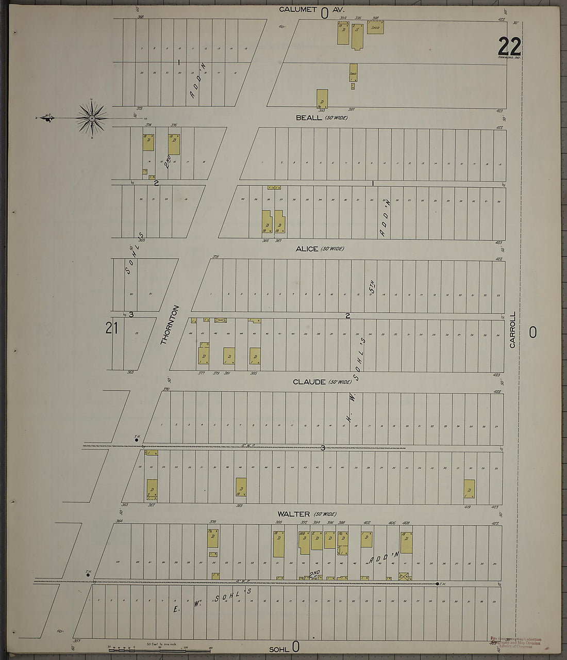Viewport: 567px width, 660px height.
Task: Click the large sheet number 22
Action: (509, 47)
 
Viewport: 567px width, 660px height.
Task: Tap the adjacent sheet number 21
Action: (112, 328)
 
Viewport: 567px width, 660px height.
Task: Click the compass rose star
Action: (92, 119)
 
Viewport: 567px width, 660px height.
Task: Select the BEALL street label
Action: (309, 118)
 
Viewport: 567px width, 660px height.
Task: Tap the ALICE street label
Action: (307, 249)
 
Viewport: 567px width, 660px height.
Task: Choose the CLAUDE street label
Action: (309, 382)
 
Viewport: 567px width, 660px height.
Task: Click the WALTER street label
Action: (293, 514)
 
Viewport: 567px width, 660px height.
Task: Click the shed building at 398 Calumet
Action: (375, 27)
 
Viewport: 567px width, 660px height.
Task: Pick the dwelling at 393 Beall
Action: (322, 98)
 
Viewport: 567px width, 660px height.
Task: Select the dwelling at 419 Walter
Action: (469, 489)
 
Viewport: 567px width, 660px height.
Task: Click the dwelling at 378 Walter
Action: (212, 538)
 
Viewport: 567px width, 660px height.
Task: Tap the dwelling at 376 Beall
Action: (174, 144)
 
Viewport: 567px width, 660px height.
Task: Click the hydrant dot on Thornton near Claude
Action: (137, 440)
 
